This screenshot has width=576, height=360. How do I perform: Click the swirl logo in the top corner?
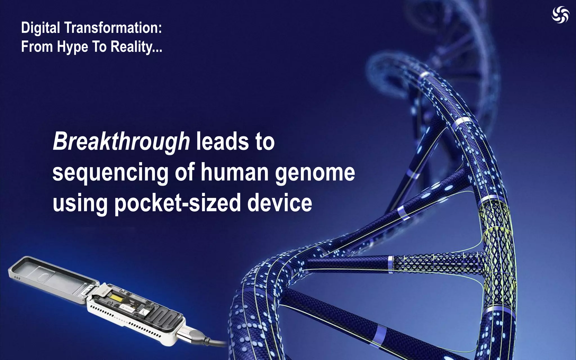coord(560,15)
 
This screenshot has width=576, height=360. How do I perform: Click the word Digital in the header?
coord(40,28)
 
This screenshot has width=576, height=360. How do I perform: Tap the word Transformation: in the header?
coord(113,28)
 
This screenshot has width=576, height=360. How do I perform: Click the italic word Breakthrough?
coord(121,141)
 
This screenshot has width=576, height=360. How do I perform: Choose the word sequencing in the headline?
coord(110,172)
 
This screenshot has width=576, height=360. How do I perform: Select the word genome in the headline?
coord(315,173)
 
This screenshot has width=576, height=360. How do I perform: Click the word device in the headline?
coord(280,203)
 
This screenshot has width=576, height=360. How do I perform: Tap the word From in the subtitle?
coord(37,47)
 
